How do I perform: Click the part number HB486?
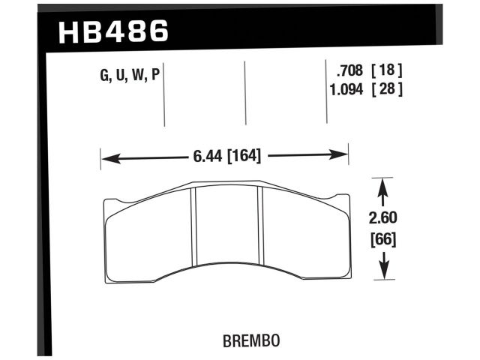(x=113, y=31)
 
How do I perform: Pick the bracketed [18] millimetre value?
(x=391, y=71)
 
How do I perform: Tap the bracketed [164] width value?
(x=243, y=157)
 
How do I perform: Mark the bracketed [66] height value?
(x=383, y=241)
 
